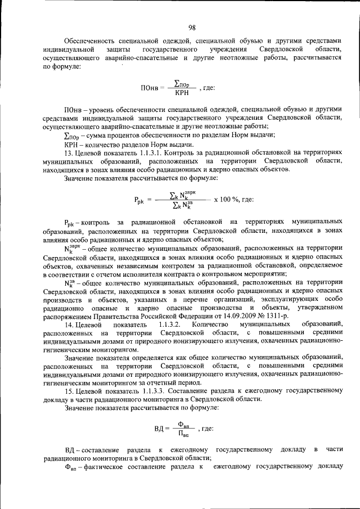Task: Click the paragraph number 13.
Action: [x=69, y=153]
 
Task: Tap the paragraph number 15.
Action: [x=69, y=391]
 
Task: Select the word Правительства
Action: [x=107, y=317]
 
